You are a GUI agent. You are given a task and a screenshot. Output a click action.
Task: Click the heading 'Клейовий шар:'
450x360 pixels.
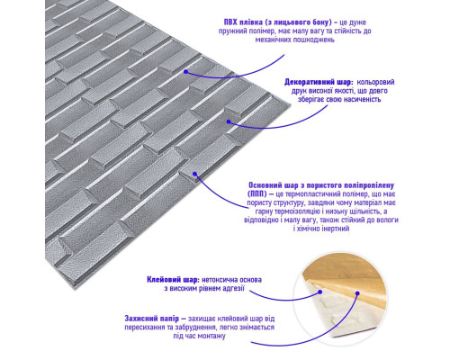click(x=173, y=280)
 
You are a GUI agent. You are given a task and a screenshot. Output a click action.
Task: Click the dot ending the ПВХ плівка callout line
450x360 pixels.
click(x=185, y=72)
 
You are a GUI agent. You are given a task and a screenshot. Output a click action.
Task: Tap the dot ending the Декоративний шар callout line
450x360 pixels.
click(x=229, y=121)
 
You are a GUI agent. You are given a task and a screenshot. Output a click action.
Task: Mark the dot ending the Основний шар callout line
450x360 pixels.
click(x=194, y=174)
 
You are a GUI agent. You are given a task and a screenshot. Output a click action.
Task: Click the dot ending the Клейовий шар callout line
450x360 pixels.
click(x=320, y=292)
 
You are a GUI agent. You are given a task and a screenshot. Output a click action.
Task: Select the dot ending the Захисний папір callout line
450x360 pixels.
click(x=357, y=293)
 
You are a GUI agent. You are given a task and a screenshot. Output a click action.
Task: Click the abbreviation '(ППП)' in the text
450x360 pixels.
click(x=257, y=194)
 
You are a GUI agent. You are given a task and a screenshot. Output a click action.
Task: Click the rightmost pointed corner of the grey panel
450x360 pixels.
click(x=291, y=104)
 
